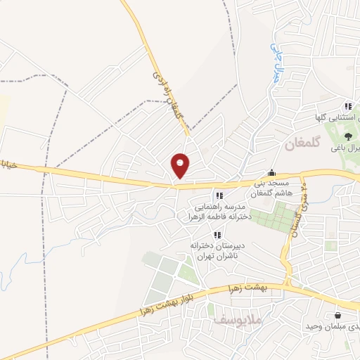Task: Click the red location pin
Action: pos(181,165)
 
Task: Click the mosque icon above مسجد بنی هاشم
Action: pos(271,173)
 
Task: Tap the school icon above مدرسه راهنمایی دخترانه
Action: pos(219,195)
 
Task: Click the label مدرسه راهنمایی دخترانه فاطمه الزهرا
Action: pos(219,213)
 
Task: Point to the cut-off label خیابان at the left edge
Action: pos(7,165)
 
